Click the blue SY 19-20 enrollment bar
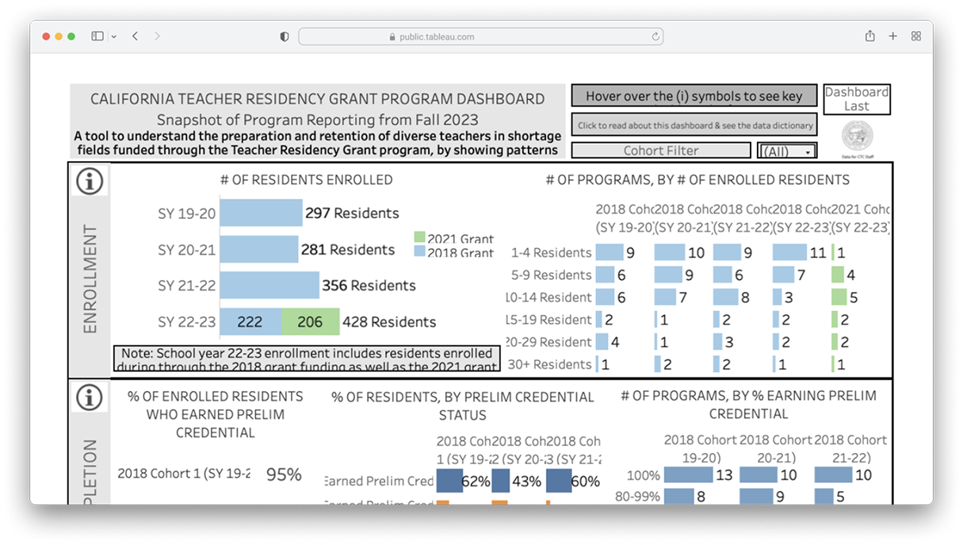[x=261, y=213]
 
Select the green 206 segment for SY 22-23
[x=310, y=321]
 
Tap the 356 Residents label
[x=369, y=285]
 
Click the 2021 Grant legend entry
[x=454, y=239]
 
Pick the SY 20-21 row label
[x=186, y=249]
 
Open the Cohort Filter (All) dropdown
[x=787, y=151]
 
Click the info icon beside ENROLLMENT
[x=90, y=181]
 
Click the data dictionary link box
[x=694, y=125]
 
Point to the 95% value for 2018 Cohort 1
[x=284, y=474]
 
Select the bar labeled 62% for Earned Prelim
[x=449, y=481]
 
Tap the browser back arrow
[x=136, y=36]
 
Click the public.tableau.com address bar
[x=480, y=36]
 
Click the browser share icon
[x=870, y=36]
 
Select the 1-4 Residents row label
[x=552, y=252]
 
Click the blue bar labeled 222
[x=250, y=321]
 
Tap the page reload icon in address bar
[x=655, y=36]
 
